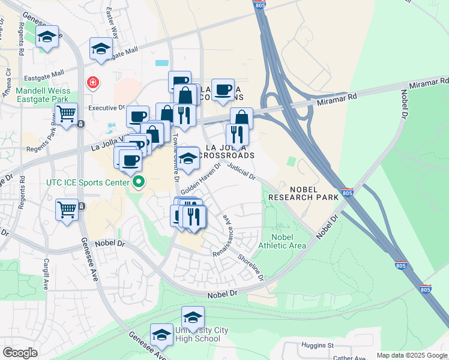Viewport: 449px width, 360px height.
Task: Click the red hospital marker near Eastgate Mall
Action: (92, 82)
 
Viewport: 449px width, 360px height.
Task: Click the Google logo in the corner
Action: (20, 352)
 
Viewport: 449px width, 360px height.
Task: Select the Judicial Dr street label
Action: (243, 173)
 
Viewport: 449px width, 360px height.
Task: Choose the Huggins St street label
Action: (318, 346)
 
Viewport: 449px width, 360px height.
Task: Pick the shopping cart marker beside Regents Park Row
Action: (67, 112)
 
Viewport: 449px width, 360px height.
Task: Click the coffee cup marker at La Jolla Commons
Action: (223, 89)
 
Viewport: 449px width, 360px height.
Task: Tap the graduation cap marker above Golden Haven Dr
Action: (188, 158)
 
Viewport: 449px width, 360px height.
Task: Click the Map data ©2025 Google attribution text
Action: (411, 355)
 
